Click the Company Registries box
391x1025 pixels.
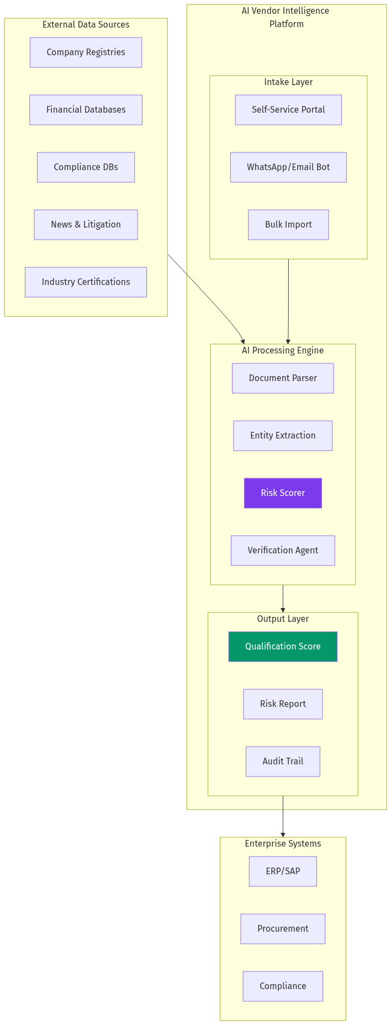click(x=86, y=52)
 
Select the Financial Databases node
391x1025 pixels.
click(x=86, y=110)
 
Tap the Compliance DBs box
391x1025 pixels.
click(x=86, y=167)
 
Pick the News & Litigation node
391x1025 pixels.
click(x=86, y=225)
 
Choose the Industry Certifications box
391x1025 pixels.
click(x=86, y=282)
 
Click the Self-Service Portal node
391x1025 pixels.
click(x=288, y=110)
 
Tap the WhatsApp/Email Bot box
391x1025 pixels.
click(x=288, y=167)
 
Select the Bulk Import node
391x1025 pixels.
click(x=288, y=225)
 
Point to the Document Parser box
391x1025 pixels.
click(x=283, y=378)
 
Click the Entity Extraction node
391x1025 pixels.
click(x=283, y=436)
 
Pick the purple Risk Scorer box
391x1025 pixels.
click(x=283, y=493)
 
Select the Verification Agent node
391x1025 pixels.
click(x=283, y=551)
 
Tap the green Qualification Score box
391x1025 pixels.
click(x=283, y=647)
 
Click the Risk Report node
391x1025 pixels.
click(x=283, y=704)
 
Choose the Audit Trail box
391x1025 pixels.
click(x=283, y=762)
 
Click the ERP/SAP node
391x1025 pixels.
click(x=283, y=871)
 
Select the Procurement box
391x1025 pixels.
click(x=283, y=929)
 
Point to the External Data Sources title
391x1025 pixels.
click(x=86, y=25)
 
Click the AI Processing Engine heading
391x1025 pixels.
click(x=283, y=351)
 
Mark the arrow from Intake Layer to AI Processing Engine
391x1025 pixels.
click(x=288, y=301)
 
